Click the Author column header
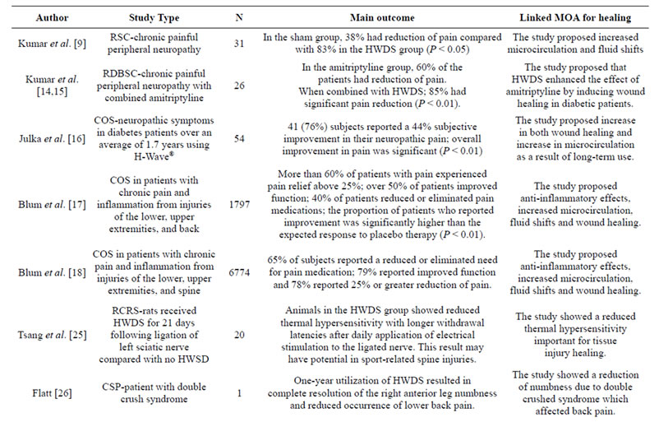click(52, 17)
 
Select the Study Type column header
click(154, 17)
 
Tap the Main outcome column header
click(382, 17)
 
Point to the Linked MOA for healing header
click(575, 17)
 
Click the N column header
click(239, 17)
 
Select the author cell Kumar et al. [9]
click(52, 44)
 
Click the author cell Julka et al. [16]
click(52, 138)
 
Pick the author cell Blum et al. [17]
click(52, 205)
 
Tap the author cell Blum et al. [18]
click(52, 272)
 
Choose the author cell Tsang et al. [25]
click(52, 335)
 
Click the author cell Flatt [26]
click(52, 393)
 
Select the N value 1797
click(239, 205)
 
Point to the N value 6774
click(239, 272)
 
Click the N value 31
click(239, 44)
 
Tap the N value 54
click(239, 138)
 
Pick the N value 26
click(239, 86)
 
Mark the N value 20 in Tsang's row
click(239, 335)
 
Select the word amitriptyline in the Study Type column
click(177, 98)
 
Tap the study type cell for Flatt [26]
click(154, 392)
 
